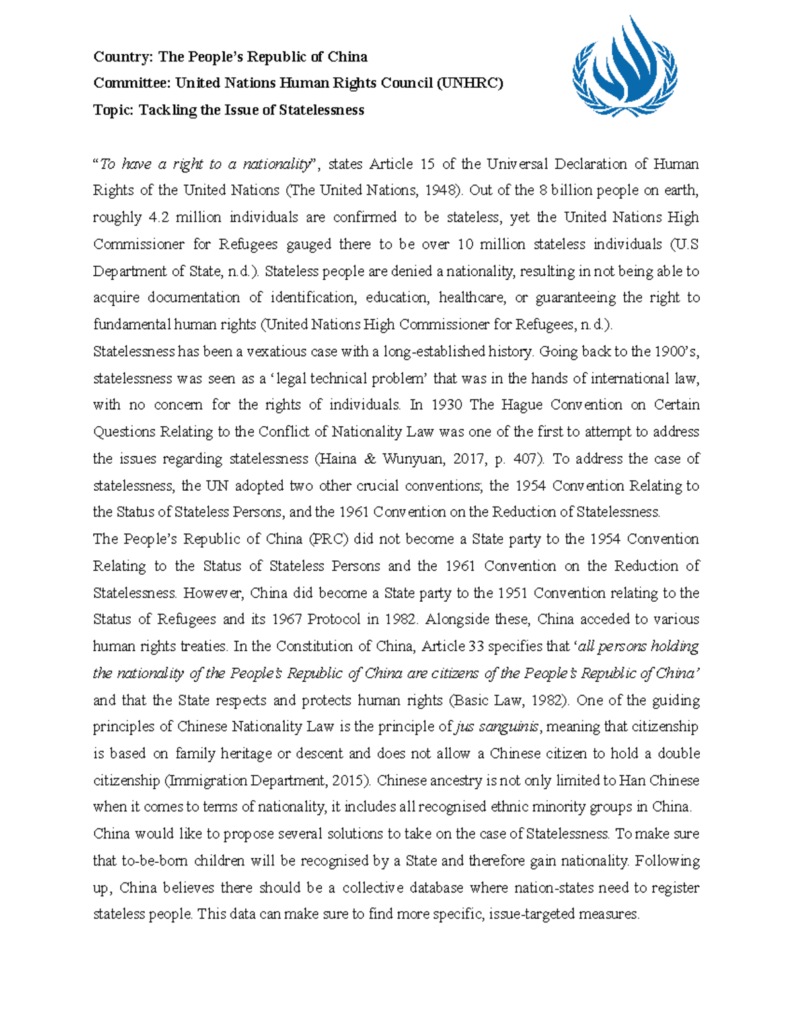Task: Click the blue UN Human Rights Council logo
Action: click(x=624, y=66)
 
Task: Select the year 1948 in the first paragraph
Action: click(x=441, y=191)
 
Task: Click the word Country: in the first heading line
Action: click(x=123, y=57)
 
